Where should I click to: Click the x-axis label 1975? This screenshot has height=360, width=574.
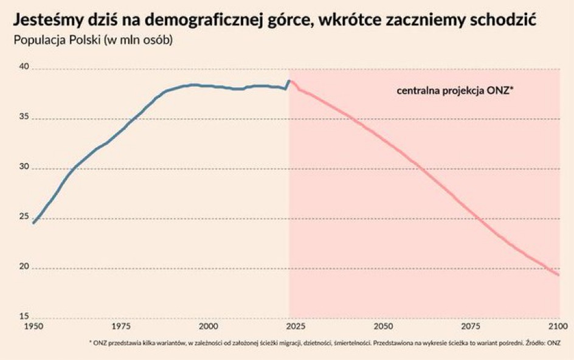click(121, 327)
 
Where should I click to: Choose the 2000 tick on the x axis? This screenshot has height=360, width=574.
click(208, 327)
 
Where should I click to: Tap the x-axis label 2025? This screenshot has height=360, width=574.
click(296, 327)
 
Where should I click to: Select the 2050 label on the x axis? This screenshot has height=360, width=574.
click(383, 327)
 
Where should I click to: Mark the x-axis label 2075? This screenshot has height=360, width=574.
click(471, 327)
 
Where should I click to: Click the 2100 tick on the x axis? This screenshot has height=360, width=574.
click(558, 327)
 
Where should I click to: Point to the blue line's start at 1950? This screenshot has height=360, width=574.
click(33, 223)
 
